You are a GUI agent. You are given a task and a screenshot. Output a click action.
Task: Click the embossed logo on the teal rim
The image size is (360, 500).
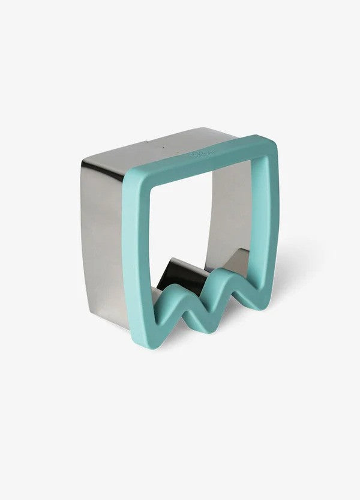(199, 154)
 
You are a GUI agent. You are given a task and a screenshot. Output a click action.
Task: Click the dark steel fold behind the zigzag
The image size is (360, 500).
(180, 270)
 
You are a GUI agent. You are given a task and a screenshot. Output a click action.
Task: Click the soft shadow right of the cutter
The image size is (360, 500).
(288, 270)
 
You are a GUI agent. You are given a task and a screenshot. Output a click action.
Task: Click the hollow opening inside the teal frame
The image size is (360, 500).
(192, 228)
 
